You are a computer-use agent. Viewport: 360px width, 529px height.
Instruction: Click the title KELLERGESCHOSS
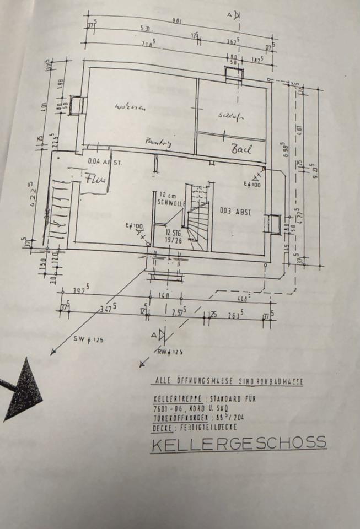pyautogui.click(x=238, y=443)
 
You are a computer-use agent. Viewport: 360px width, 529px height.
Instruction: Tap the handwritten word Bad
pyautogui.click(x=241, y=149)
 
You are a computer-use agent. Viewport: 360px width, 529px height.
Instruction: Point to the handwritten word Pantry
pyautogui.click(x=158, y=142)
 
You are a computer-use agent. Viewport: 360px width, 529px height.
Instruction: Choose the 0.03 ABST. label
pyautogui.click(x=235, y=211)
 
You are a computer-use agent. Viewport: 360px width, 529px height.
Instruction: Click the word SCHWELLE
pyautogui.click(x=170, y=203)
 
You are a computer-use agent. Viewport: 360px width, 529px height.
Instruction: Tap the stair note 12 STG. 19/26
pyautogui.click(x=174, y=236)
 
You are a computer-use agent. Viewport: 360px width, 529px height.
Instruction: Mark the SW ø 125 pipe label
pyautogui.click(x=88, y=339)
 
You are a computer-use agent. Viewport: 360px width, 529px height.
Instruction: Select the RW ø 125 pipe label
pyautogui.click(x=170, y=350)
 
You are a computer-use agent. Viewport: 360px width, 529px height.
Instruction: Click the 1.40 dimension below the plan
pyautogui.click(x=163, y=296)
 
